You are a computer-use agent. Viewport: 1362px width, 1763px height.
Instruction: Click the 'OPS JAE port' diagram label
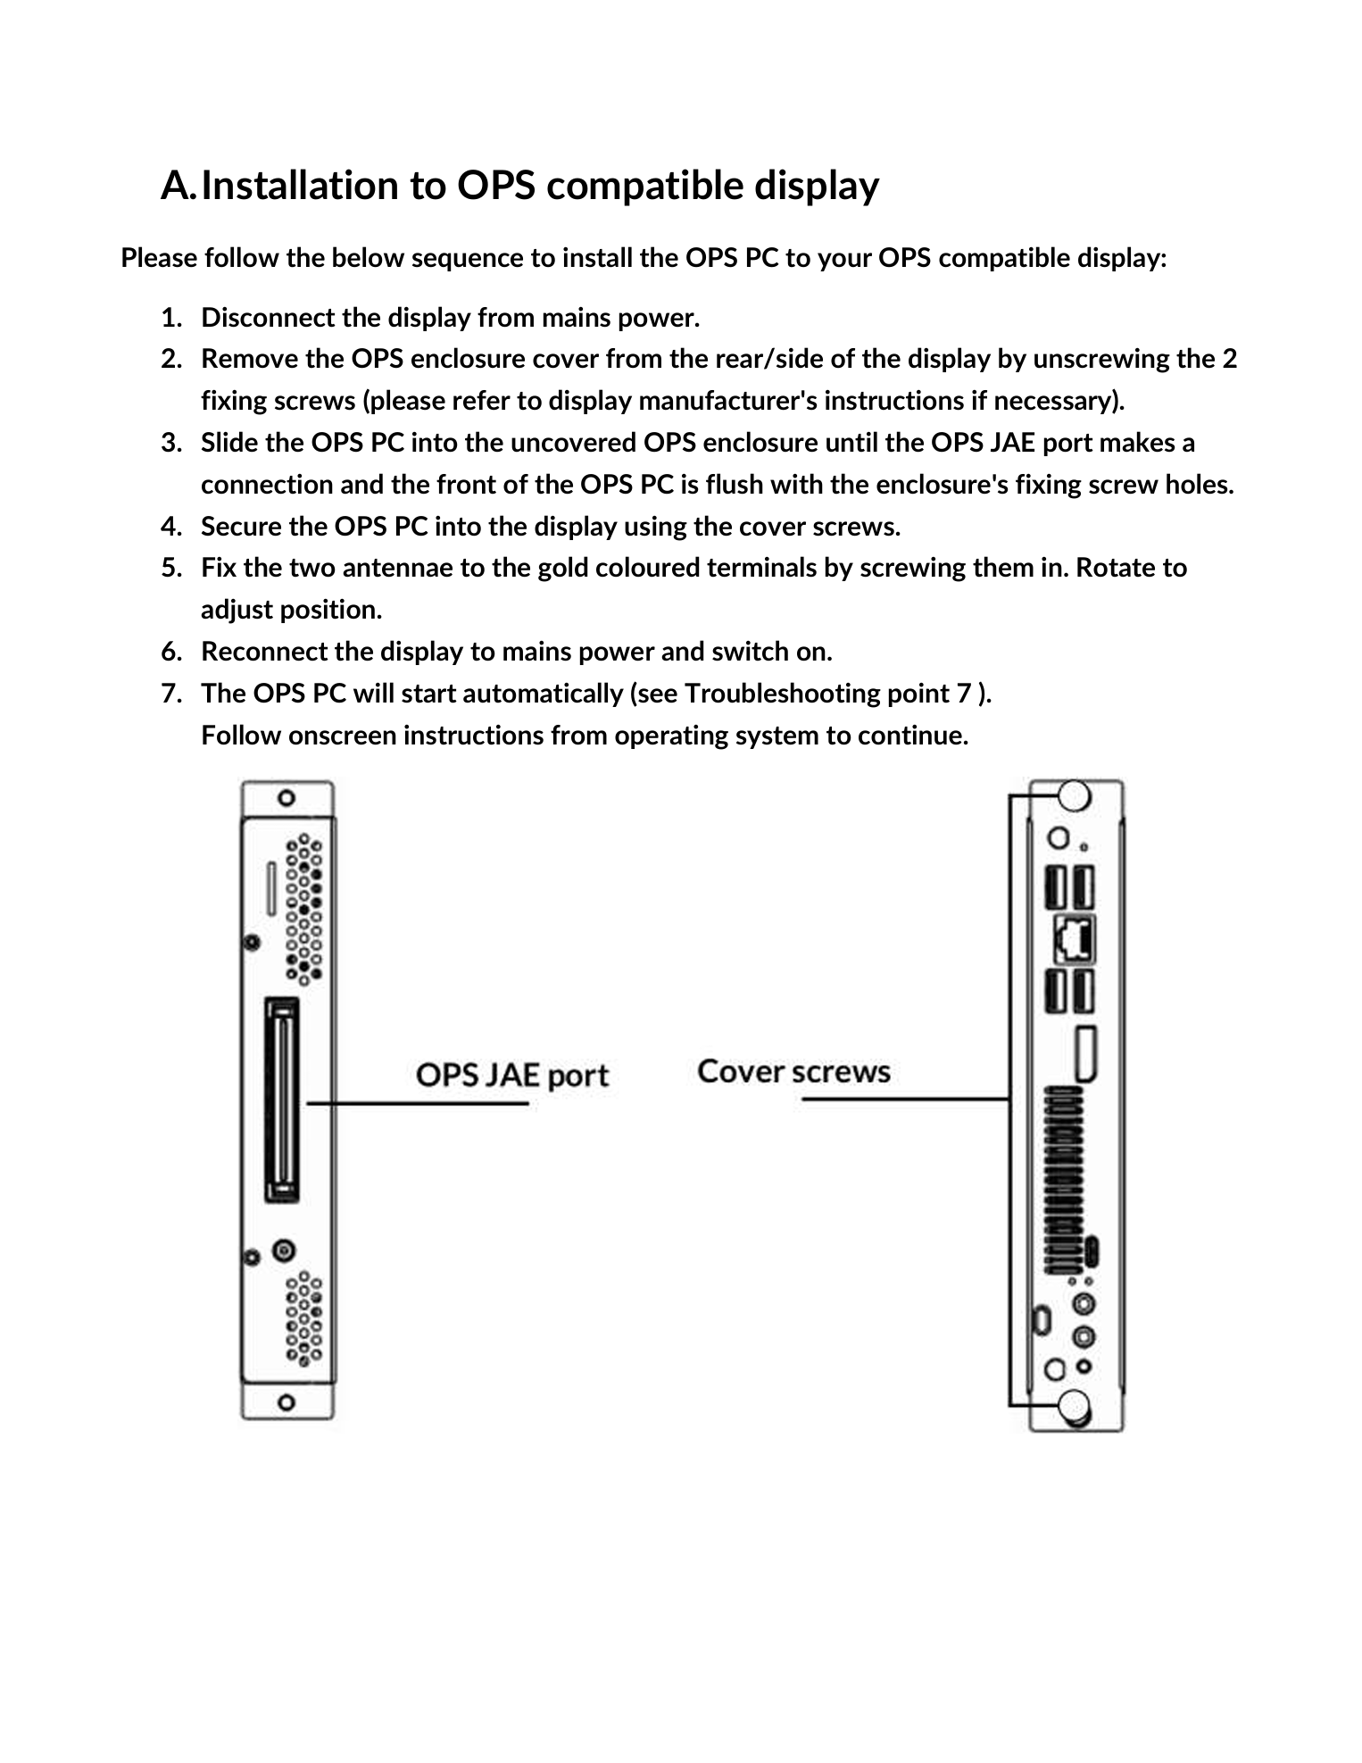(512, 1074)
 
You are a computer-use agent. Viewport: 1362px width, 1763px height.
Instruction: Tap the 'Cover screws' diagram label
(793, 1070)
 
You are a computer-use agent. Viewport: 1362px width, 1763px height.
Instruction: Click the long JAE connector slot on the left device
(282, 1100)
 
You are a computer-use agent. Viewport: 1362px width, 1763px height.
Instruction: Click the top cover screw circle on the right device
(1075, 794)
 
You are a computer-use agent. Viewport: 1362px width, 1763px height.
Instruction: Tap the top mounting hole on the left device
(287, 797)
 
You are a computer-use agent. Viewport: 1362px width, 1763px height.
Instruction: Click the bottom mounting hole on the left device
(287, 1401)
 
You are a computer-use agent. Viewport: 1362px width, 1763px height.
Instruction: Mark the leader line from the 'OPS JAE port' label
(418, 1103)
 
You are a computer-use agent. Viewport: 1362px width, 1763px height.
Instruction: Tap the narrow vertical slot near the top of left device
(271, 887)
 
